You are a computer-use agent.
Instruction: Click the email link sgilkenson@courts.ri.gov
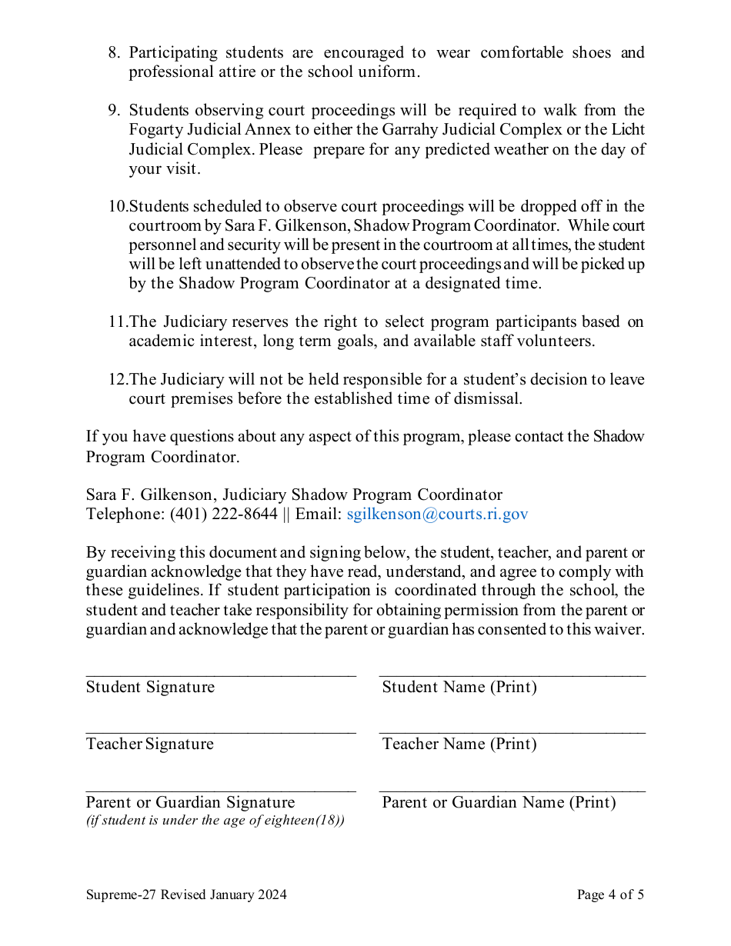[437, 515]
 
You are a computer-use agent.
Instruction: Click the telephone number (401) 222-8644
[223, 515]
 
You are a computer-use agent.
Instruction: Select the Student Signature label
[150, 687]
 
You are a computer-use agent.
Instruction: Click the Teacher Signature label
[149, 744]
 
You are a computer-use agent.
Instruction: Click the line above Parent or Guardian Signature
[221, 790]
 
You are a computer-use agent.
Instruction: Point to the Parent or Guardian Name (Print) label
[499, 802]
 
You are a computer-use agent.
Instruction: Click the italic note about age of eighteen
[215, 820]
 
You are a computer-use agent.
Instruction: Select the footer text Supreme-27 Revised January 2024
[186, 894]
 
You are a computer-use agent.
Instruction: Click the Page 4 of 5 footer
[610, 894]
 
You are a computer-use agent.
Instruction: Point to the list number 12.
[117, 380]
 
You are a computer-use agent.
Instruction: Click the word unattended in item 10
[204, 265]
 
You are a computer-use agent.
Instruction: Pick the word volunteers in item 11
[559, 341]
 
